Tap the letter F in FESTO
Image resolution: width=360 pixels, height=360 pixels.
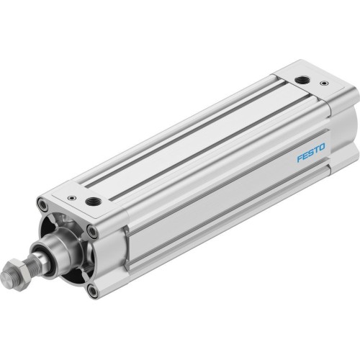pos(299,158)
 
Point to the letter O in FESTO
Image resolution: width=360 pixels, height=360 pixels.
pos(321,148)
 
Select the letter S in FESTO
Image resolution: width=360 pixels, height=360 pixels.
pos(310,153)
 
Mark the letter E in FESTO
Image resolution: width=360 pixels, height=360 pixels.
pos(305,156)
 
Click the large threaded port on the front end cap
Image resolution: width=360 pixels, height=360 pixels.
pos(94,202)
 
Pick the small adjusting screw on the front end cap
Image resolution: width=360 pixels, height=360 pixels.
pos(71,197)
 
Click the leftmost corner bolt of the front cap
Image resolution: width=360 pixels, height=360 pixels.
pos(45,207)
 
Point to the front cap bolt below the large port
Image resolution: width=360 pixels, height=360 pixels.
pos(91,231)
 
